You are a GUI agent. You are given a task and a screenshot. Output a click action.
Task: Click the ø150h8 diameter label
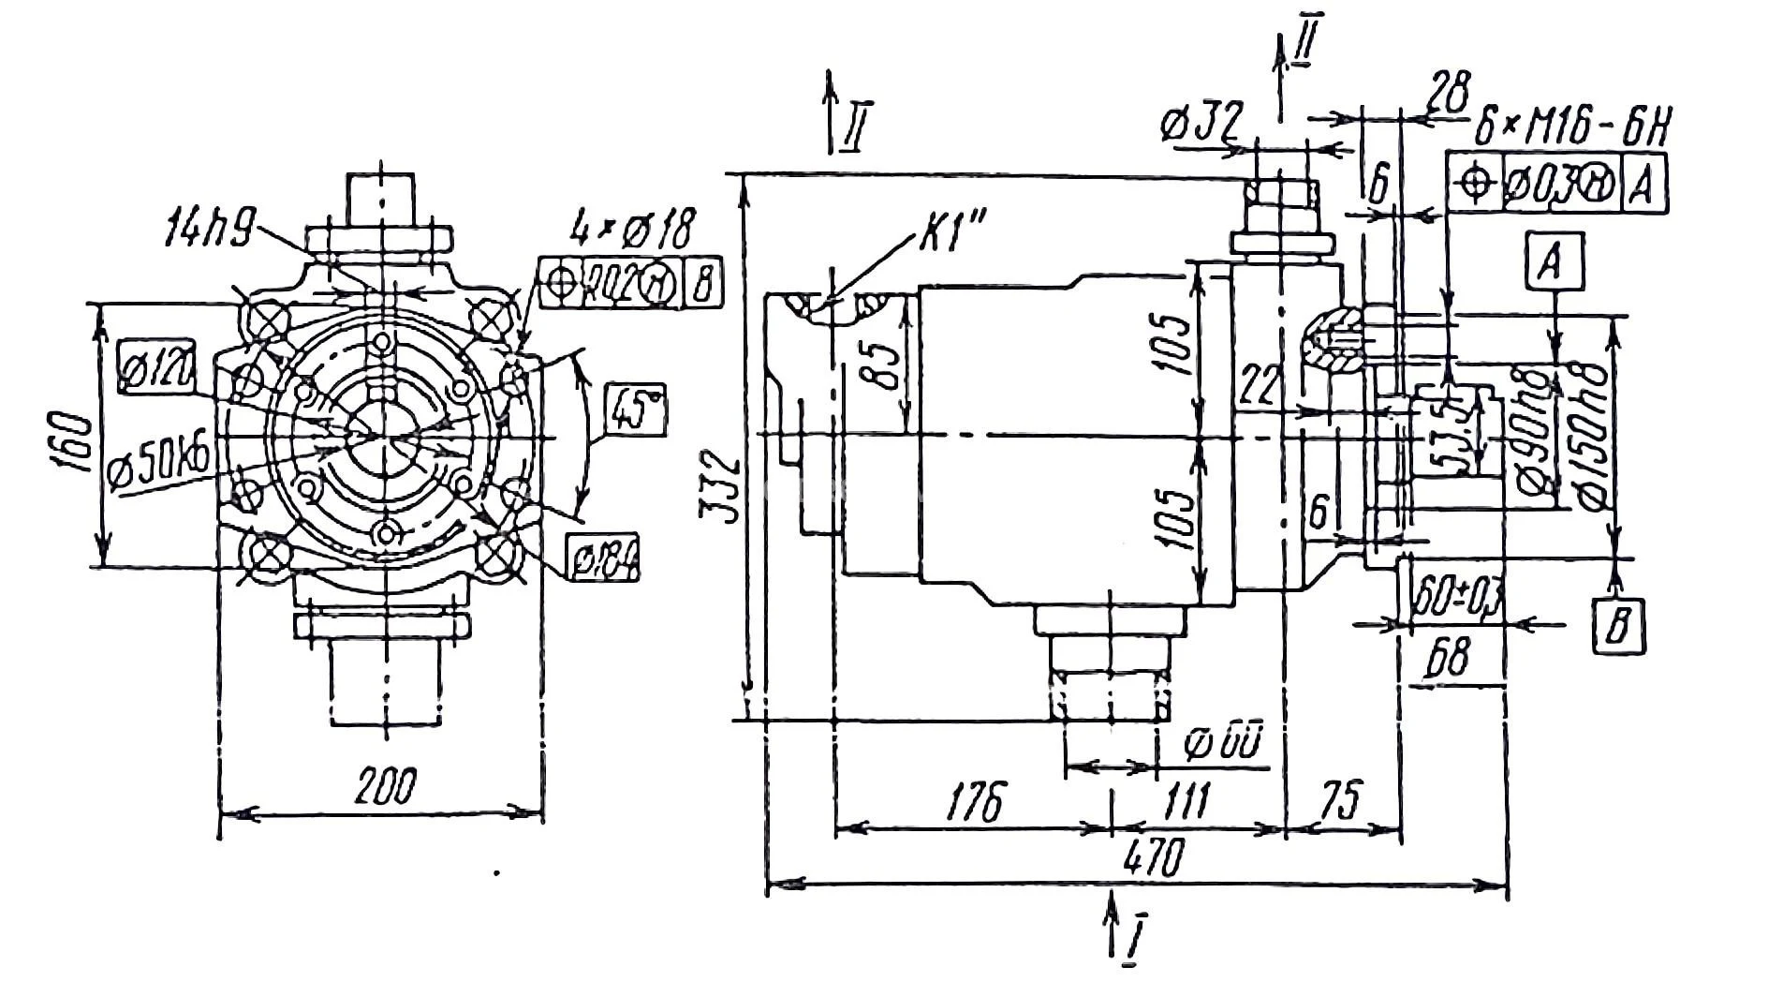tap(1591, 433)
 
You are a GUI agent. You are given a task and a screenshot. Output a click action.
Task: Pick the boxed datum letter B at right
tap(1617, 623)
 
